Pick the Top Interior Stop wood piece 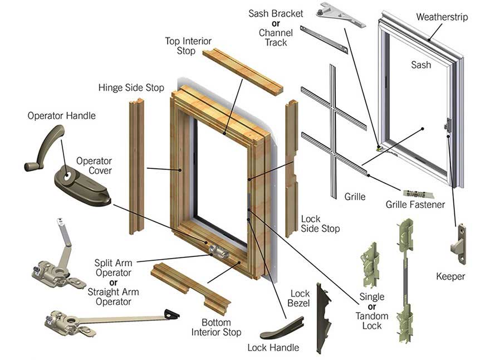(x=242, y=70)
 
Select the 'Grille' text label (x=354, y=196)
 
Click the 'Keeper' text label (x=450, y=276)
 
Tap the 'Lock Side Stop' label (x=320, y=223)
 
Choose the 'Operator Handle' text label (x=62, y=116)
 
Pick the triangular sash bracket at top (x=340, y=14)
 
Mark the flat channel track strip (x=324, y=40)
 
